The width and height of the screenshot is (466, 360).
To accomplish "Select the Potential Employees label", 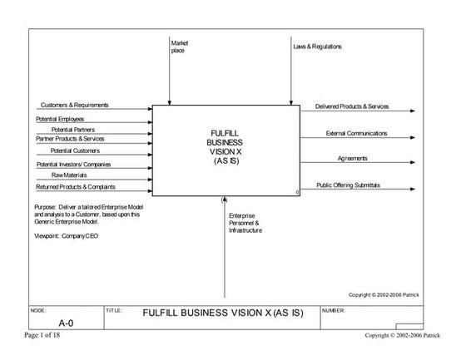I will point(60,119).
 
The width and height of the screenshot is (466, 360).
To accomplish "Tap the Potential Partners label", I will point(73,130).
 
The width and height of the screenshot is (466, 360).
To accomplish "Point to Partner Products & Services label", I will point(70,139).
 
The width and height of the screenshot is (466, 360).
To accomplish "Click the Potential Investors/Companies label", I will point(73,164).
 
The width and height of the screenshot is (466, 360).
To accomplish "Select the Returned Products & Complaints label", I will point(77,186).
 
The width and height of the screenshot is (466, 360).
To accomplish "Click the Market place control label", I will point(179,47).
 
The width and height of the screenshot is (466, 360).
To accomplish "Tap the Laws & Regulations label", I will point(317,47).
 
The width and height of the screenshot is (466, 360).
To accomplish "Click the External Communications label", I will point(356,133).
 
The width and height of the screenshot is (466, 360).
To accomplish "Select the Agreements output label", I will point(353,158).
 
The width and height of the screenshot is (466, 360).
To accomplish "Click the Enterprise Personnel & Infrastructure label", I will point(245,223).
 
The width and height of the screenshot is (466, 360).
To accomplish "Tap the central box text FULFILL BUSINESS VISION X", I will point(225,147).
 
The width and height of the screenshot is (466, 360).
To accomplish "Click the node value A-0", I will point(66,322).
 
